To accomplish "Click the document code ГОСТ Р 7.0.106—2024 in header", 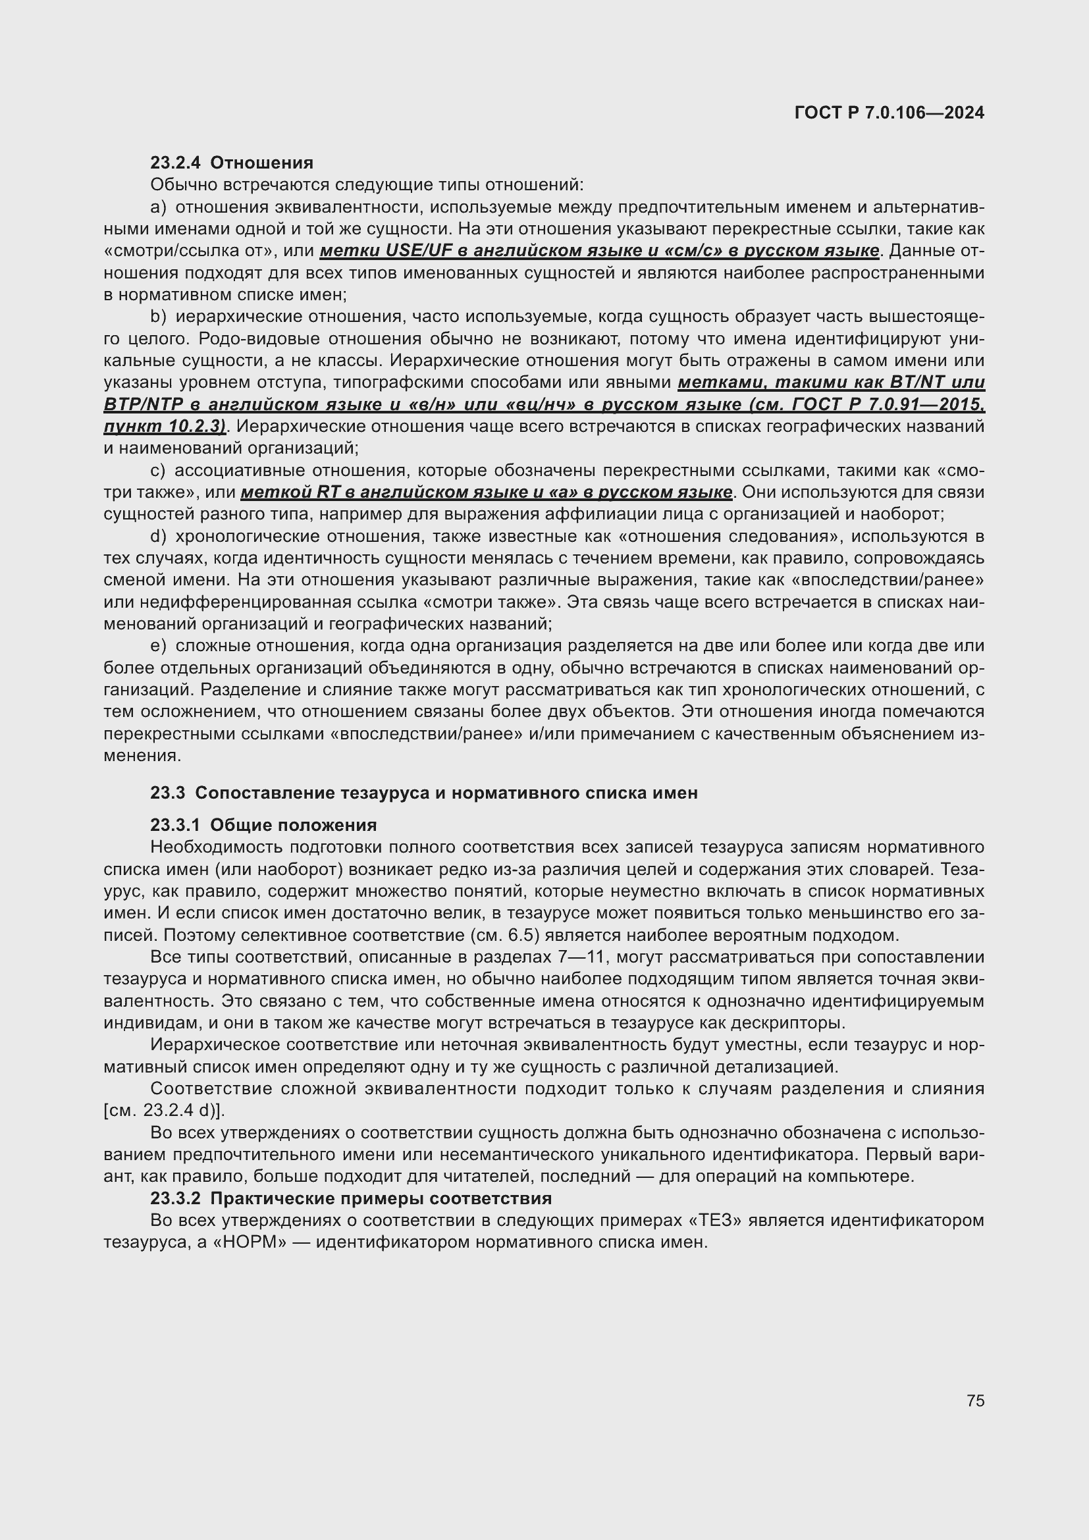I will click(889, 113).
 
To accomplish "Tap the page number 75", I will click(976, 1400).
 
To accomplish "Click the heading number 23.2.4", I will click(175, 163).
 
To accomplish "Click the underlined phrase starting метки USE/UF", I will click(598, 251).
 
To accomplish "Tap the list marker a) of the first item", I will click(158, 207).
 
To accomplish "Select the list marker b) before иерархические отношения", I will click(158, 317).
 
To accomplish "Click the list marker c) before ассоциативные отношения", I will click(158, 471).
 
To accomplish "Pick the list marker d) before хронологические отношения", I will click(158, 537).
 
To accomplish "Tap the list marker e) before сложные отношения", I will click(158, 646).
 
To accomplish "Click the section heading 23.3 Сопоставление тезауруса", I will click(424, 793).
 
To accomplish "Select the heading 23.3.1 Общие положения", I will click(263, 825).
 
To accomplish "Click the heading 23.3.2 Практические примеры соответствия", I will click(351, 1198).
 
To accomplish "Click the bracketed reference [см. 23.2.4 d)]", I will click(165, 1111).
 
